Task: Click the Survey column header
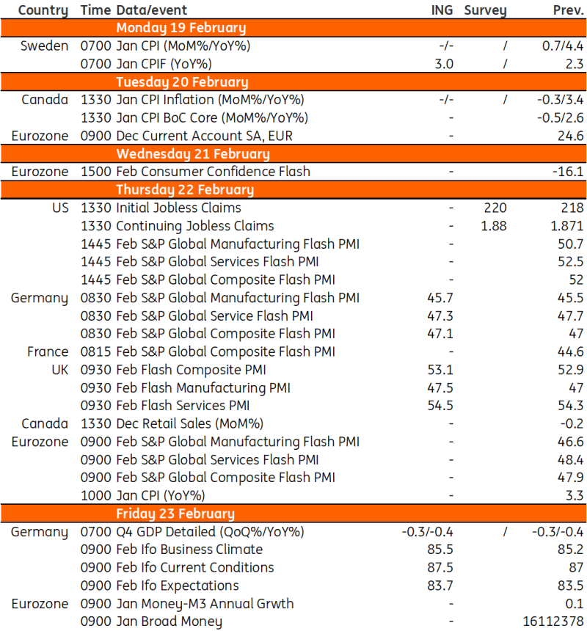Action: (485, 10)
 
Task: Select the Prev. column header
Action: (568, 10)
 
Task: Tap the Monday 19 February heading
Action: (181, 28)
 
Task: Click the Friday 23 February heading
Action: (175, 513)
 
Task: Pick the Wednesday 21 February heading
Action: (192, 154)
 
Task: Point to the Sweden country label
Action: (45, 46)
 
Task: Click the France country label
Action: (48, 351)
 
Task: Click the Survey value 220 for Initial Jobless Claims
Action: (495, 208)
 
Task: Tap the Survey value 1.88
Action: (493, 226)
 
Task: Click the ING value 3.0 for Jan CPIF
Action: (444, 64)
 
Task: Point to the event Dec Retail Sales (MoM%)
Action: (189, 423)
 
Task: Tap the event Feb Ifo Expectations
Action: (177, 585)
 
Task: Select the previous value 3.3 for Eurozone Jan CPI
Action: (575, 495)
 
